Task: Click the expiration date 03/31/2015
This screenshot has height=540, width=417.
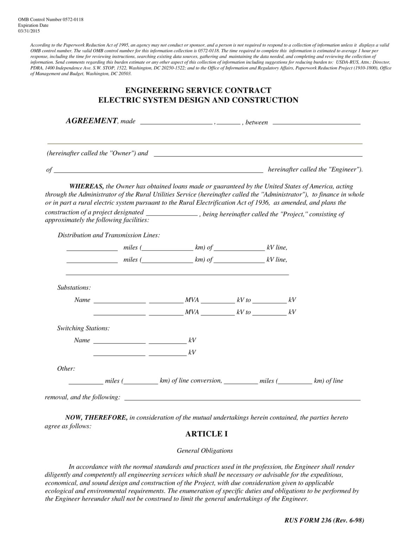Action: pos(29,31)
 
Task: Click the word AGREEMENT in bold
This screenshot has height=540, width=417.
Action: pos(91,121)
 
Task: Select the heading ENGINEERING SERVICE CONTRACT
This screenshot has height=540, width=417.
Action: pos(198,90)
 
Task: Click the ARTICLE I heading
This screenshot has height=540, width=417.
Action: pos(206,434)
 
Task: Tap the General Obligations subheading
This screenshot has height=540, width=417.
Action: pos(204,450)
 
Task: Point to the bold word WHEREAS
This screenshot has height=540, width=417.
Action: pos(86,186)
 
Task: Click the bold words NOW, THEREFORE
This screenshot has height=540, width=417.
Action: pos(96,417)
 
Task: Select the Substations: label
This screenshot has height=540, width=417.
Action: pos(74,288)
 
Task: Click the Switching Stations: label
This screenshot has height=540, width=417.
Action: pos(83,328)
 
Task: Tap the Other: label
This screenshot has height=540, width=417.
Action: pos(66,368)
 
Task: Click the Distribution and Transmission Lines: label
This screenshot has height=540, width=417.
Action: pos(109,235)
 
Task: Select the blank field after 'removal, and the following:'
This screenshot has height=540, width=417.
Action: pos(242,398)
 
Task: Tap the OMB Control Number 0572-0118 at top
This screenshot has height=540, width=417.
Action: pos(51,20)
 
